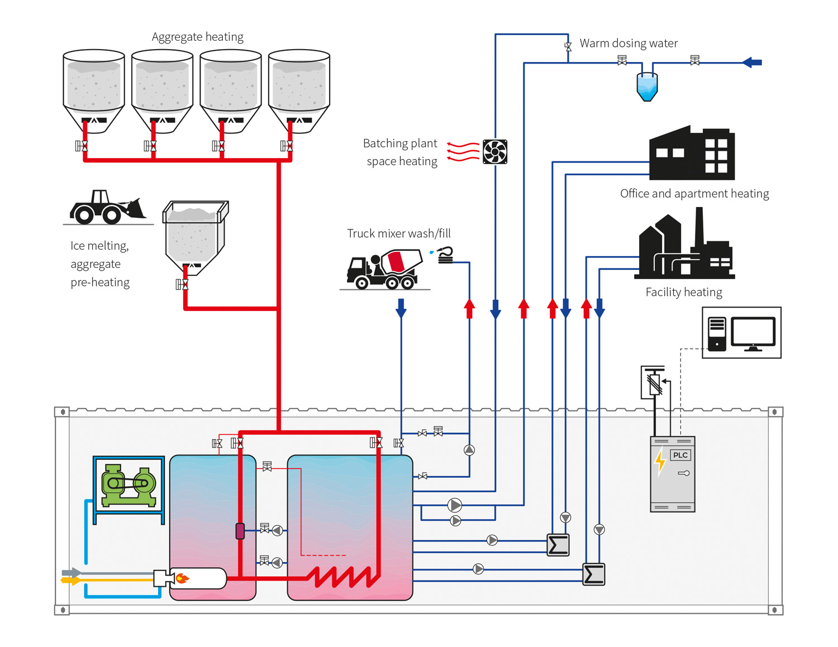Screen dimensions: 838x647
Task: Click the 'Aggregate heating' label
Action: [197, 37]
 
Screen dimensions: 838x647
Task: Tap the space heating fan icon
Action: [495, 151]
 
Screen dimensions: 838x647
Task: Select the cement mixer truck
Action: [384, 269]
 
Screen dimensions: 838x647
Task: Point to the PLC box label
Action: [680, 455]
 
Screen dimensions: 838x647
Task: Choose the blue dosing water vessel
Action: [647, 87]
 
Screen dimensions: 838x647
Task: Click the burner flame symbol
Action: [183, 578]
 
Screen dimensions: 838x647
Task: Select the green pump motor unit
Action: [128, 485]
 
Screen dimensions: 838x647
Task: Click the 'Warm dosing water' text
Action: [628, 43]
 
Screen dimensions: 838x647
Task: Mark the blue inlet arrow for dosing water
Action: [751, 62]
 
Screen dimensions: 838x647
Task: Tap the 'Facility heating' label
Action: [684, 292]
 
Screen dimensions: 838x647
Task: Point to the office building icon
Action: [692, 153]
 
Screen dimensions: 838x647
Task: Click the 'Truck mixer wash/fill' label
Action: [399, 233]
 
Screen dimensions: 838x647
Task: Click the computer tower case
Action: [717, 334]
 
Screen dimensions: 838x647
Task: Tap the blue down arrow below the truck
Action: [401, 308]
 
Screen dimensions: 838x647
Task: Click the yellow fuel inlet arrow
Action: [71, 580]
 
